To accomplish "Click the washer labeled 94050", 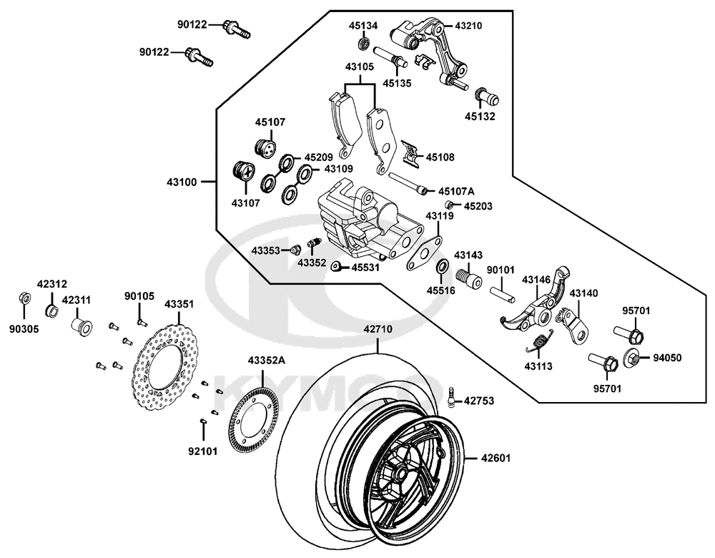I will [632, 358].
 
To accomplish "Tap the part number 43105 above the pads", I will [360, 67].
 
